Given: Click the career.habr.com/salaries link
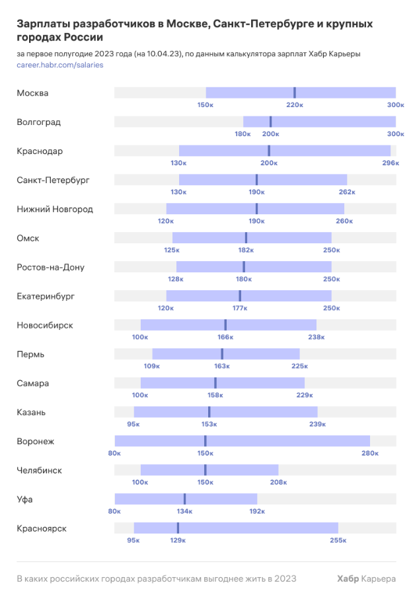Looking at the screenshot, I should pos(60,65).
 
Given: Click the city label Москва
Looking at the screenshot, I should pos(32,93).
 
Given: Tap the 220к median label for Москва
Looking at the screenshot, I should pos(295,105).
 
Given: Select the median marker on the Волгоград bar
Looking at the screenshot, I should pos(270,122).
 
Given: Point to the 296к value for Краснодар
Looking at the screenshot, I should pos(390,163).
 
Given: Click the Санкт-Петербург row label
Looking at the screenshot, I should pos(53,180).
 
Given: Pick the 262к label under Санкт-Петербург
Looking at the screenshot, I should pos(347,192).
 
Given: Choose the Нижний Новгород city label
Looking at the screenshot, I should pos(55,209).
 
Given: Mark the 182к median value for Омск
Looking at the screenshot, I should pos(246,251).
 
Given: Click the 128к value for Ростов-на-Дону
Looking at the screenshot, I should pos(176,280).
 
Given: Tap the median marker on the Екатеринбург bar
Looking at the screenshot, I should pos(240,296).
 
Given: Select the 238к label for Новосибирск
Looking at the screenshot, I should pos(317,338).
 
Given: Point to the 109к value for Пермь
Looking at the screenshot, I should pos(152,366).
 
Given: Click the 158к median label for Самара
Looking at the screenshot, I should pos(215,395).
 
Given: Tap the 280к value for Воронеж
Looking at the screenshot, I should pos(370,454).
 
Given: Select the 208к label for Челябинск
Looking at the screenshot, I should pos(278,483).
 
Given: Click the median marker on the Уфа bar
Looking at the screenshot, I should pos(184,499).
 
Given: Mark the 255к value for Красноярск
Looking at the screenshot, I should pos(338,541).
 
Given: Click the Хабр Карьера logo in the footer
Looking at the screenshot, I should pos(366,578).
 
